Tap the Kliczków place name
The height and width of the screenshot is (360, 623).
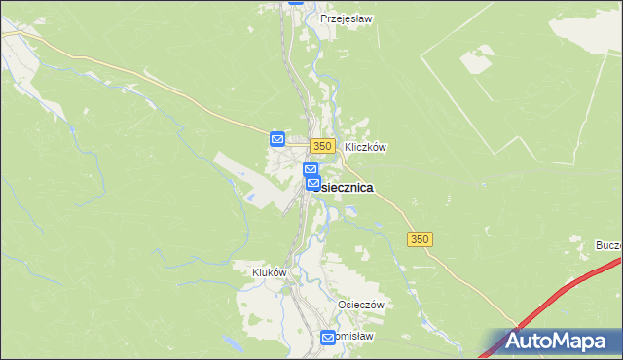pyautogui.click(x=365, y=148)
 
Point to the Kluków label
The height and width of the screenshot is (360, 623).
pyautogui.click(x=270, y=273)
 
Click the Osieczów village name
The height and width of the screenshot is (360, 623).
pyautogui.click(x=361, y=305)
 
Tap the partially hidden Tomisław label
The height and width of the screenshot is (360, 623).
pyautogui.click(x=355, y=336)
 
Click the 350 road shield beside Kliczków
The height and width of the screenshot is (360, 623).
pyautogui.click(x=324, y=146)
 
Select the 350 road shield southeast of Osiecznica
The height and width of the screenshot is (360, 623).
pyautogui.click(x=420, y=239)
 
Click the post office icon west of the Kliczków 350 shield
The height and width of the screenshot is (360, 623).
pyautogui.click(x=276, y=140)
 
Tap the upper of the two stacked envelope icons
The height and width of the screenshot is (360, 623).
pyautogui.click(x=310, y=169)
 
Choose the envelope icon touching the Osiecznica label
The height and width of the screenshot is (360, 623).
pyautogui.click(x=312, y=183)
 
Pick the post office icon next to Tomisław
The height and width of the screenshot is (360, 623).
pyautogui.click(x=328, y=338)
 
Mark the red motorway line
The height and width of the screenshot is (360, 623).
pyautogui.click(x=565, y=292)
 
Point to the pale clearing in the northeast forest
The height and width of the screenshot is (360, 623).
pyautogui.click(x=477, y=61)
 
